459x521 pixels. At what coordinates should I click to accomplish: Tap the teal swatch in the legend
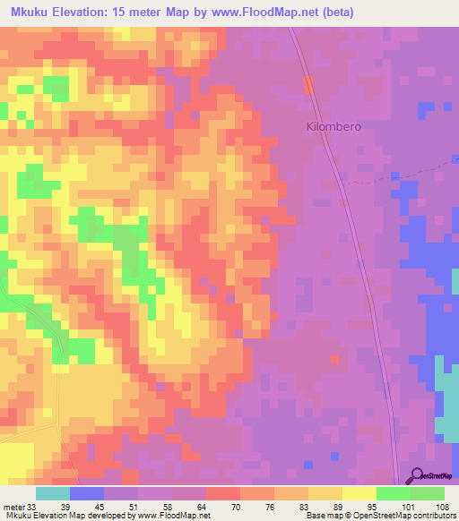(x=52, y=493)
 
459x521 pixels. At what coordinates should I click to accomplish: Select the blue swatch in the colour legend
(x=86, y=493)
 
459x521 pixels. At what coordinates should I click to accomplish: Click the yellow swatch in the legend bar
(x=359, y=493)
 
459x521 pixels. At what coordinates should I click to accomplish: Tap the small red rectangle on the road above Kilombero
(x=309, y=85)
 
